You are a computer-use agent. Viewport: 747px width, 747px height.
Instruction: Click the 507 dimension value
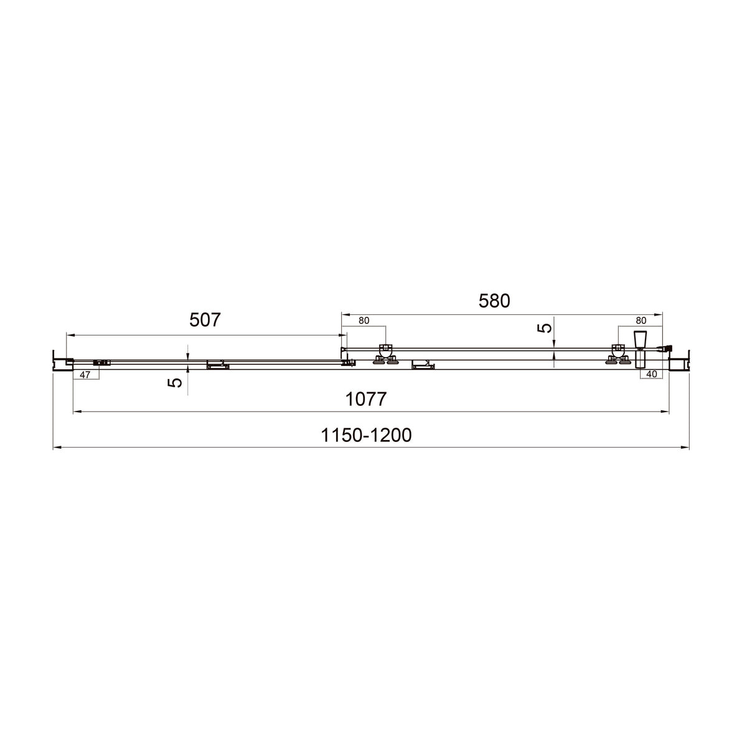[205, 320]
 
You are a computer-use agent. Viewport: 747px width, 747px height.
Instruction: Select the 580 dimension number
[494, 301]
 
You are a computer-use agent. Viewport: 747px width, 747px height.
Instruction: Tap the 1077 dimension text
[366, 399]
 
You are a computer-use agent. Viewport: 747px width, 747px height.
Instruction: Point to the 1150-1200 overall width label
[366, 435]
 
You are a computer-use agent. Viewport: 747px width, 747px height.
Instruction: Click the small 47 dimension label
[85, 375]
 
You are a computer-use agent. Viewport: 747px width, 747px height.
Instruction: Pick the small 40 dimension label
[652, 374]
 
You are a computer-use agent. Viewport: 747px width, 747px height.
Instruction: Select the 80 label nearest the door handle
[641, 321]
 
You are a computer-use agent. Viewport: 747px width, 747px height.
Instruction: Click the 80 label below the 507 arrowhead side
[364, 321]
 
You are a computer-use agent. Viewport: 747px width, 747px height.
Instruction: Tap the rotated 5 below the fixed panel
[175, 383]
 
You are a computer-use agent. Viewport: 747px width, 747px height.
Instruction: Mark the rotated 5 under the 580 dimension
[545, 328]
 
